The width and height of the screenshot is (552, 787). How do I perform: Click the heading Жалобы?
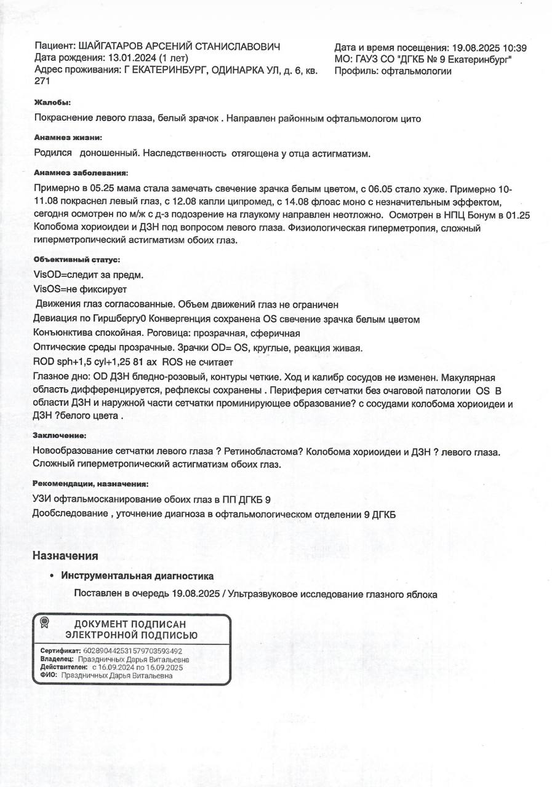click(x=52, y=103)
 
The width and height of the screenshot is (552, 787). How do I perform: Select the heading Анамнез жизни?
click(x=68, y=138)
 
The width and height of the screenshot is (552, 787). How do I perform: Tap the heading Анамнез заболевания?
click(x=81, y=173)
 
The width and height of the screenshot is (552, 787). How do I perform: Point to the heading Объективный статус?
click(x=77, y=259)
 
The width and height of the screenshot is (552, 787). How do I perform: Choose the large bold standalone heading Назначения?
click(x=65, y=556)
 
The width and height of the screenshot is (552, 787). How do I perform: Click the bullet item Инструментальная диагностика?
click(x=137, y=576)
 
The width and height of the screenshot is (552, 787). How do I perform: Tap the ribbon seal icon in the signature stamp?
click(x=44, y=623)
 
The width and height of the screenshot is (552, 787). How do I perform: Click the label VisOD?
click(x=47, y=274)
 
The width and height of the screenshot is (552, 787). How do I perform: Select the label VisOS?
click(x=47, y=289)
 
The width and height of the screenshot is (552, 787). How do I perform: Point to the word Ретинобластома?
click(x=263, y=451)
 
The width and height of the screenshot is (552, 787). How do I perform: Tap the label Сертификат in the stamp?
click(x=60, y=651)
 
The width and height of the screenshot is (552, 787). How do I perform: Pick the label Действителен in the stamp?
click(x=64, y=667)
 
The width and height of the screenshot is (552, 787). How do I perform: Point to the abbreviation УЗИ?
click(x=42, y=499)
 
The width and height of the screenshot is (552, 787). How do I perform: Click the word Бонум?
click(x=489, y=216)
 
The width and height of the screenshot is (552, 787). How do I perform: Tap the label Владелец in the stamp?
click(x=57, y=659)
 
